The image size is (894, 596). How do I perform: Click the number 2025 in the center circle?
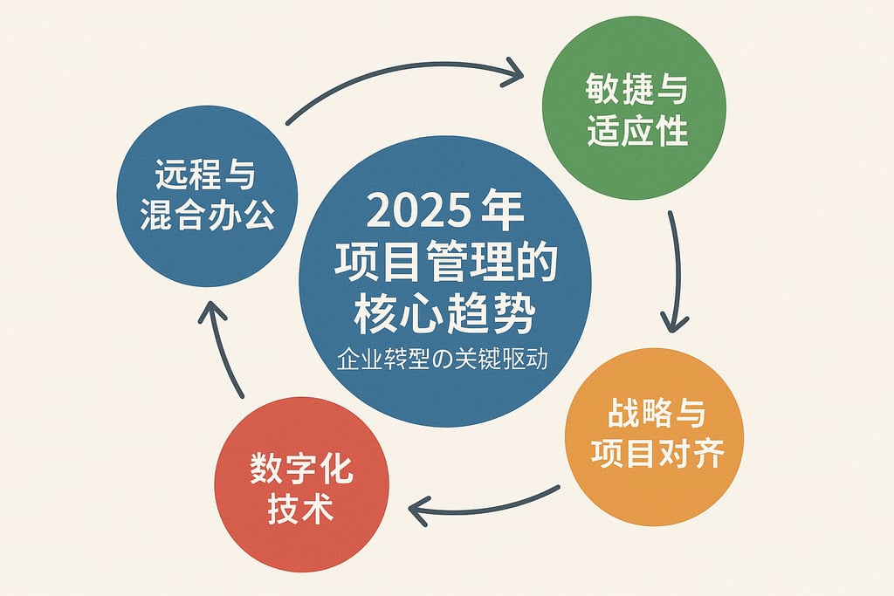[414, 212]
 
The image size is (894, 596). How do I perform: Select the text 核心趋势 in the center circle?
[444, 314]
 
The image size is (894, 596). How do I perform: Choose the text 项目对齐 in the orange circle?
[657, 454]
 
